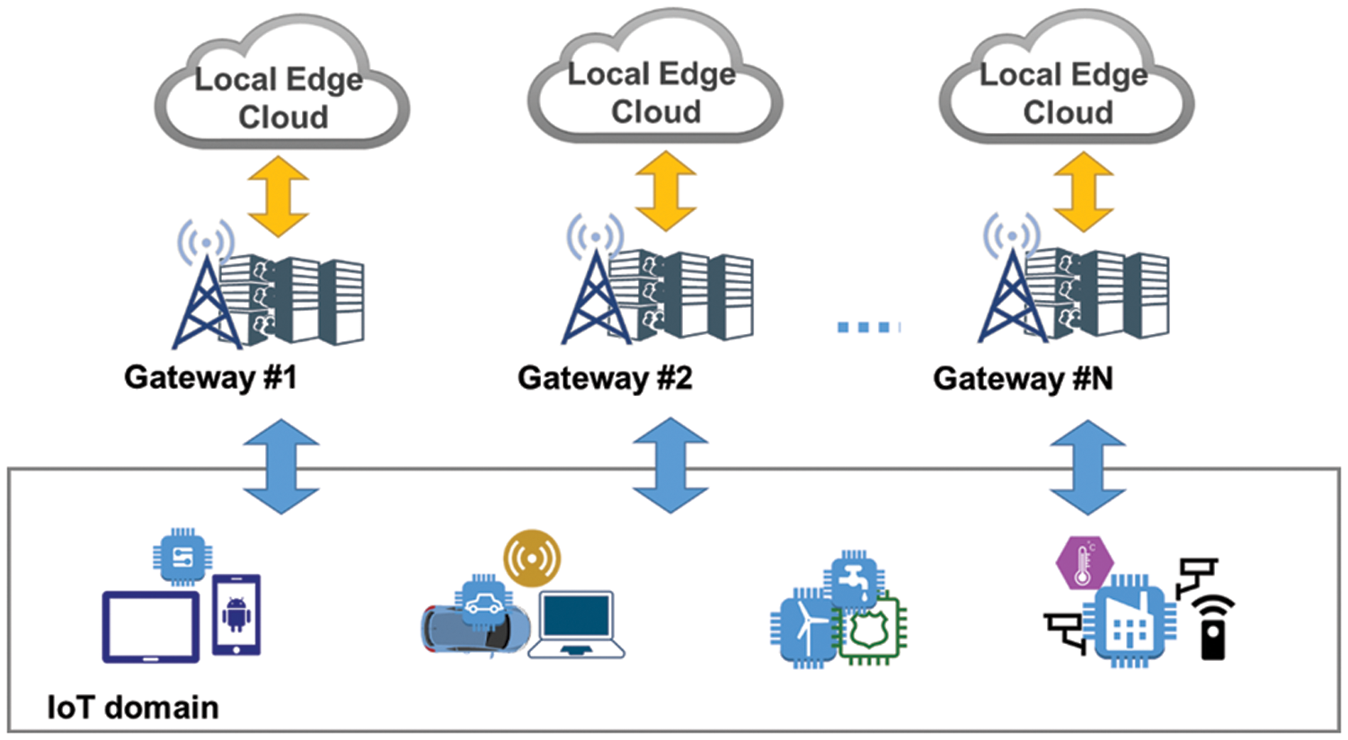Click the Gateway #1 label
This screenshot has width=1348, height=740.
coord(210,377)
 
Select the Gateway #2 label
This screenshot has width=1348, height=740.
coord(605,378)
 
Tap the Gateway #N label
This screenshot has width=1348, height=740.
coord(1023,378)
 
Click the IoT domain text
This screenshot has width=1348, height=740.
coord(133,708)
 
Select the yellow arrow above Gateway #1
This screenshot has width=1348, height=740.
coord(279,197)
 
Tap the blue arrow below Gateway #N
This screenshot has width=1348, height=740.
coord(1087,467)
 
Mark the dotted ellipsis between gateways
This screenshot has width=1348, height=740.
coord(867,328)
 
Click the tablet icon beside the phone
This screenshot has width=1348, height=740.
coord(151,627)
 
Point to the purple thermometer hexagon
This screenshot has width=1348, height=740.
coord(1085,564)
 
